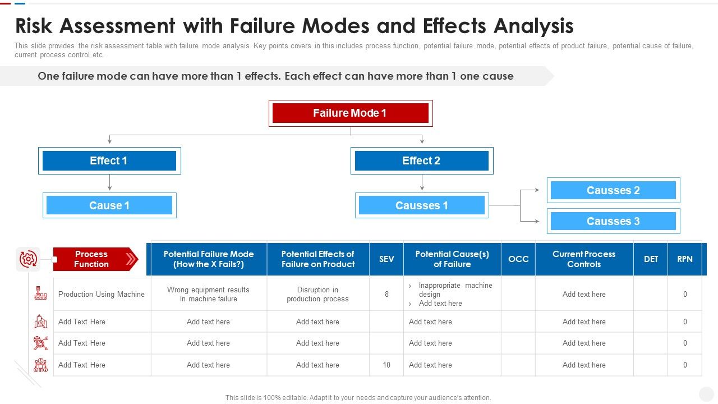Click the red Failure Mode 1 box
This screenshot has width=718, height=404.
[350, 113]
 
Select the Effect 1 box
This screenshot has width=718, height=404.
[109, 160]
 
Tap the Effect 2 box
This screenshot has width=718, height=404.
[421, 160]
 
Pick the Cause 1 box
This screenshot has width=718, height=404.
[109, 205]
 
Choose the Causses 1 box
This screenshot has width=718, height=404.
[421, 205]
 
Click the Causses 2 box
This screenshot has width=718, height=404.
[613, 190]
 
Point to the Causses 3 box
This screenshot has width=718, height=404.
[613, 221]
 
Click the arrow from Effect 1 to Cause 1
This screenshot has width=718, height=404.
[109, 183]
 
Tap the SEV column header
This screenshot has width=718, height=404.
[386, 259]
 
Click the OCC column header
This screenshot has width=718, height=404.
[518, 259]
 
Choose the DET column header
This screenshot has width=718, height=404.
[651, 259]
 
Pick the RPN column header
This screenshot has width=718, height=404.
[685, 259]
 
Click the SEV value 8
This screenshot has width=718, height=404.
[386, 294]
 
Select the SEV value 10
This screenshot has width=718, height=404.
[386, 365]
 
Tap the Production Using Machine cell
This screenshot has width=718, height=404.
[102, 294]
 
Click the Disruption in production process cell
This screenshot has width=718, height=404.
[317, 294]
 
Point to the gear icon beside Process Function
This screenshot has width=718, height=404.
[28, 259]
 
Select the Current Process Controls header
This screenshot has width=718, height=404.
[584, 259]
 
